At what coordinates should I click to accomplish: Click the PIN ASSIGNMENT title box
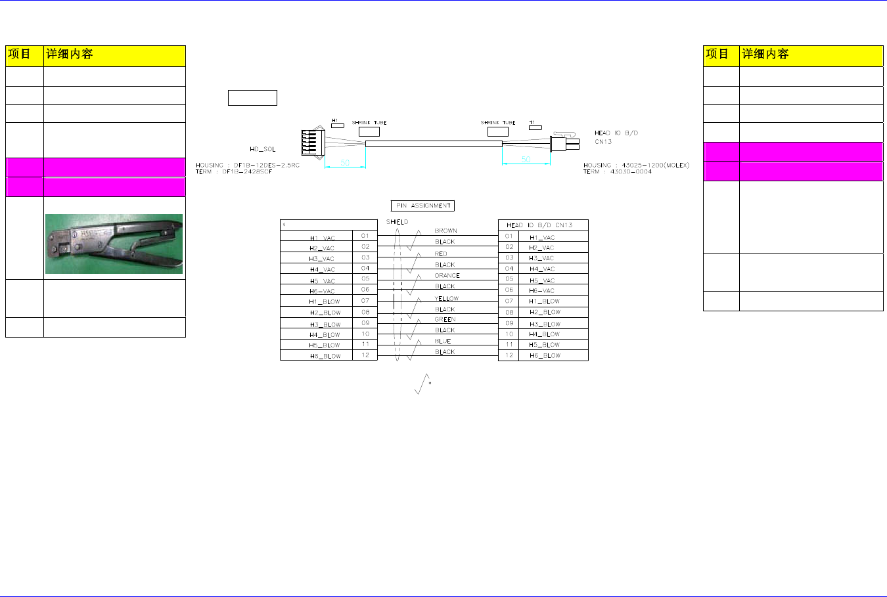422,206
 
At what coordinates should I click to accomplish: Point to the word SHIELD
397,222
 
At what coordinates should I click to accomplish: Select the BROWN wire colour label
445,231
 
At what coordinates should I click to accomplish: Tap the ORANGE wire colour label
447,275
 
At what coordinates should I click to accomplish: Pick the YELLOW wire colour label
446,298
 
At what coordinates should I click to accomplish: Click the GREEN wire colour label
445,319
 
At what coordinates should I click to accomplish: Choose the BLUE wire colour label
443,341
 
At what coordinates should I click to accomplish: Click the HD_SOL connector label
263,149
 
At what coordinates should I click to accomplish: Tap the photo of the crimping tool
114,244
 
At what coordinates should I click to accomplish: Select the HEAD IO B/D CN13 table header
539,225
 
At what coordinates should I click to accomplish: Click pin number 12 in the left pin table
365,355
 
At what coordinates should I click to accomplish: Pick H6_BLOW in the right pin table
545,355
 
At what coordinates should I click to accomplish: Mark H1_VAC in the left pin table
322,238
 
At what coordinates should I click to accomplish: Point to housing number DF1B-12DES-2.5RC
266,165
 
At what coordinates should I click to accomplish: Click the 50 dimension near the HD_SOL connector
345,162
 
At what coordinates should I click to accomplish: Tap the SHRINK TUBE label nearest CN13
498,123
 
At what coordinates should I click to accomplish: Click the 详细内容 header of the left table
69,55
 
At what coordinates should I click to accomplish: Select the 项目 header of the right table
717,55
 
